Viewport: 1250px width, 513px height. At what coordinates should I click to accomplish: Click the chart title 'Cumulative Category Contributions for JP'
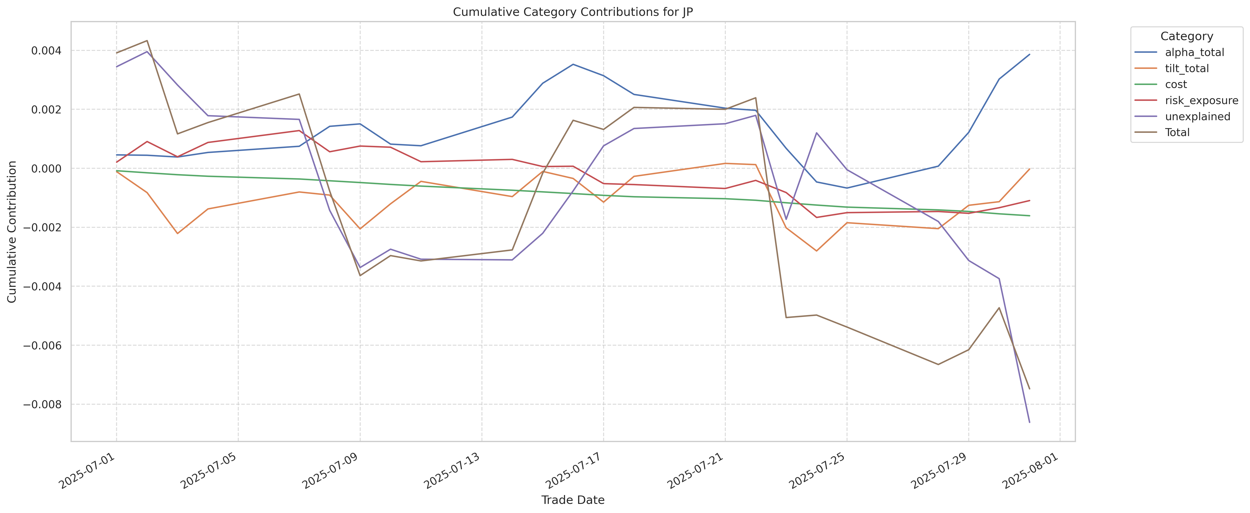click(x=573, y=12)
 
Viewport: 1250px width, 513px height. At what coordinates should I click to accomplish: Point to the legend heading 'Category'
click(x=1186, y=36)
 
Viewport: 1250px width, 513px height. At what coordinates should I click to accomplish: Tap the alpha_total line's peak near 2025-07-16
click(x=573, y=64)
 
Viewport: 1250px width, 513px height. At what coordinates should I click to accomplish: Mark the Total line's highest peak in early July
click(x=147, y=41)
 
